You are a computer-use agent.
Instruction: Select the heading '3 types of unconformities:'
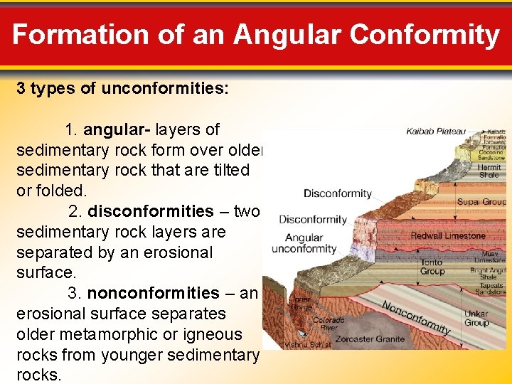coord(122,89)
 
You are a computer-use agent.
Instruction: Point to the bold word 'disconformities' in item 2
coord(150,212)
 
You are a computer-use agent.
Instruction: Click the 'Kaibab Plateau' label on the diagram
coord(436,132)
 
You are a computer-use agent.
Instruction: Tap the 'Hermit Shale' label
coord(489,171)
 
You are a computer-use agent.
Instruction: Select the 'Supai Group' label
coord(481,202)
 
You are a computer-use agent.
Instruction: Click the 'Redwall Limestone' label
coord(448,235)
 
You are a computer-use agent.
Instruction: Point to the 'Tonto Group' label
coord(432,267)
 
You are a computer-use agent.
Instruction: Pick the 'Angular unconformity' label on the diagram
coord(304,243)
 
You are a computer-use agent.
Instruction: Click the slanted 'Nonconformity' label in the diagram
coord(416,317)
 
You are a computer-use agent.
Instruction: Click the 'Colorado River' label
coord(329,324)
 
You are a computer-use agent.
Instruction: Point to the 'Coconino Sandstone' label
coord(491,155)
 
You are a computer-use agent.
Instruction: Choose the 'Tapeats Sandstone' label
coord(491,289)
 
